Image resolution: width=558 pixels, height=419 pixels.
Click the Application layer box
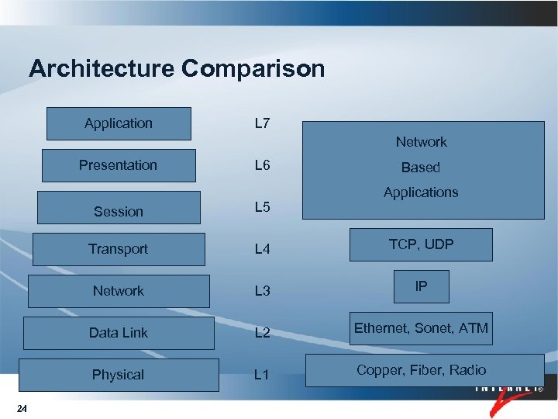[119, 123]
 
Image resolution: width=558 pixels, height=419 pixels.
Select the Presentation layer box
[119, 165]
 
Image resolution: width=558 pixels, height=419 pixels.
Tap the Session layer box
[119, 208]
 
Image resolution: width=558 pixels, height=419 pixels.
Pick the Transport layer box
[119, 249]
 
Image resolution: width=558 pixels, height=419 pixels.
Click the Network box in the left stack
[119, 291]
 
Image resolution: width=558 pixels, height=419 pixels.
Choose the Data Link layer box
[119, 333]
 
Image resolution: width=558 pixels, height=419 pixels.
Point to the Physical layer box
[119, 375]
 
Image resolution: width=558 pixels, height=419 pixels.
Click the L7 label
[262, 123]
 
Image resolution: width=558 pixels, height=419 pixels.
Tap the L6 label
[262, 165]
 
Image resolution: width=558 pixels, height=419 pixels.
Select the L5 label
[262, 207]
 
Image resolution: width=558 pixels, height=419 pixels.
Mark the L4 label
[262, 249]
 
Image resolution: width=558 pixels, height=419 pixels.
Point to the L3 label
[262, 291]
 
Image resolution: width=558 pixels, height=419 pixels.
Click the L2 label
[262, 333]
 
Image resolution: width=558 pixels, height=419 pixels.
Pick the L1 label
[262, 375]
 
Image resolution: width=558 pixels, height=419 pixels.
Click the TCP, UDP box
[421, 244]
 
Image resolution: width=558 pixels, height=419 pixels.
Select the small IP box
[421, 286]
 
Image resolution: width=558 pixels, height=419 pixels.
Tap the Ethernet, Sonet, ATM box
[421, 328]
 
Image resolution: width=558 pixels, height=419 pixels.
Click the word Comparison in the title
[253, 69]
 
